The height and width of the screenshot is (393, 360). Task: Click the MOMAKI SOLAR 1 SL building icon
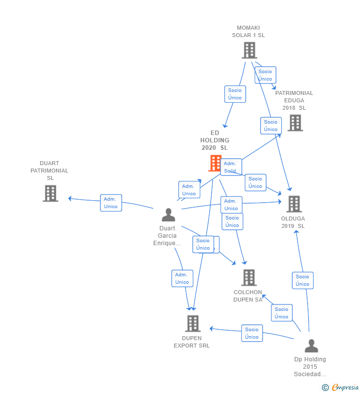pos(249,50)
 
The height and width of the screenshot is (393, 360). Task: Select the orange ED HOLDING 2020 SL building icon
pos(215,163)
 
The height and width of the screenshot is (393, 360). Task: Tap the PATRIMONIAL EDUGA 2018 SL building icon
pos(295,123)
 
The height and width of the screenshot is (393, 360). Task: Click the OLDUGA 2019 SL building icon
pos(294,204)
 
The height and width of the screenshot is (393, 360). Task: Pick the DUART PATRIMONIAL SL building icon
pos(50,193)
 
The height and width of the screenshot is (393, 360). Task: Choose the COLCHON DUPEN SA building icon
pos(249,277)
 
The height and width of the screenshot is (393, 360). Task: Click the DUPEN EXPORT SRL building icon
pos(192,323)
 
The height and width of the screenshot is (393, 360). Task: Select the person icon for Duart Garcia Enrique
pos(168,215)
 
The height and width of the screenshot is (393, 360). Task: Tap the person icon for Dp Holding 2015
pos(311,346)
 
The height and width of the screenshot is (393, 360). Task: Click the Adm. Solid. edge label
pos(231,167)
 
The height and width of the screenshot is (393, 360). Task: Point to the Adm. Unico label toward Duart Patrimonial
pos(111,203)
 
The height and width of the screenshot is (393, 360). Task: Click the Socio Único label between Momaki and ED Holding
pos(235,94)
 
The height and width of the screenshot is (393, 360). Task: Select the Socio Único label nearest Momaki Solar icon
pos(265,75)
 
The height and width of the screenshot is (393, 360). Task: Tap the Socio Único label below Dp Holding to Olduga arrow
pos(303,280)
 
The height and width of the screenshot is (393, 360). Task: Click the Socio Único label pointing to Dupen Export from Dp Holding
pos(252,333)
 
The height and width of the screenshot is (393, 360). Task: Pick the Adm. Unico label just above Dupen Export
pos(181,278)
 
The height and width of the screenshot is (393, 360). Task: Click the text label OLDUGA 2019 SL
pos(293,222)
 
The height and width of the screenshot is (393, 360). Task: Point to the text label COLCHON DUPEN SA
pos(248,296)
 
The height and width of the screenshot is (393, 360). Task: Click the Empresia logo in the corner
pos(340,387)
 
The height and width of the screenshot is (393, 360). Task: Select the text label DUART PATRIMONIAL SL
pos(49,171)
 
